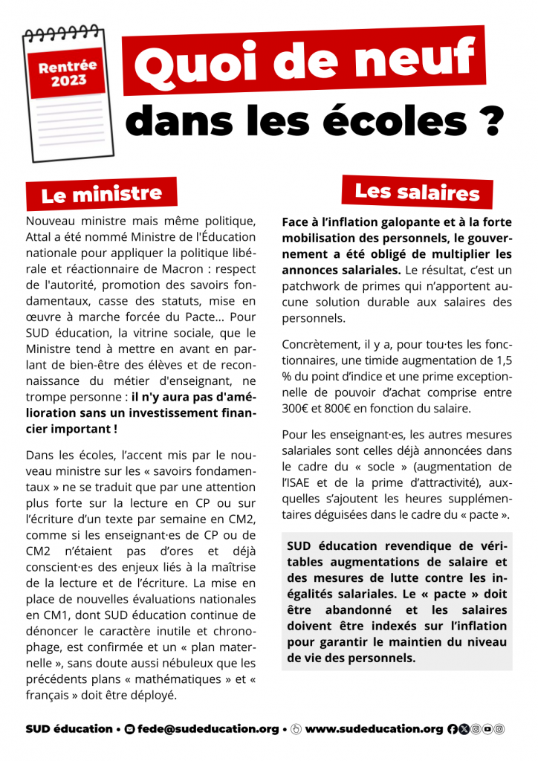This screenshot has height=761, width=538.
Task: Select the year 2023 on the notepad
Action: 68,81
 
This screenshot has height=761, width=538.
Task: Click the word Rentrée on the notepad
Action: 68,67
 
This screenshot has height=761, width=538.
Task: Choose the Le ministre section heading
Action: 102,195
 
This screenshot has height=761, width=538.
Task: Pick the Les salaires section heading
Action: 417,192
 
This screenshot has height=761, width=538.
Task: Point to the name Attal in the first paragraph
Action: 39,239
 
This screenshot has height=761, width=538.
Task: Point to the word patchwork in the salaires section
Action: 313,285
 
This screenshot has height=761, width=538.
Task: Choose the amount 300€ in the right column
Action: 297,409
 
